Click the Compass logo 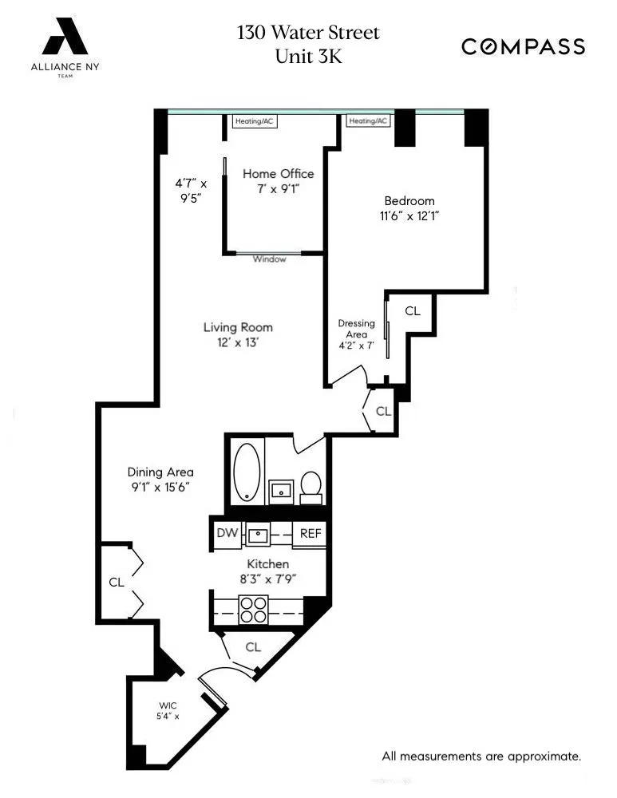point(523,47)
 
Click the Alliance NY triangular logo point(65,38)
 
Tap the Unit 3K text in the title point(308,57)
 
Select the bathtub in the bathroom point(247,472)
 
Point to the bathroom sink point(280,489)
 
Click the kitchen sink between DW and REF point(259,534)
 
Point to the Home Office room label point(278,174)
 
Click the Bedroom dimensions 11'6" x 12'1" point(409,215)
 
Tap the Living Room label point(237,327)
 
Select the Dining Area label point(160,472)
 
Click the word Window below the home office point(269,259)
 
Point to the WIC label point(168,705)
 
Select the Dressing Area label point(356,329)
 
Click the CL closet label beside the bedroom point(412,311)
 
